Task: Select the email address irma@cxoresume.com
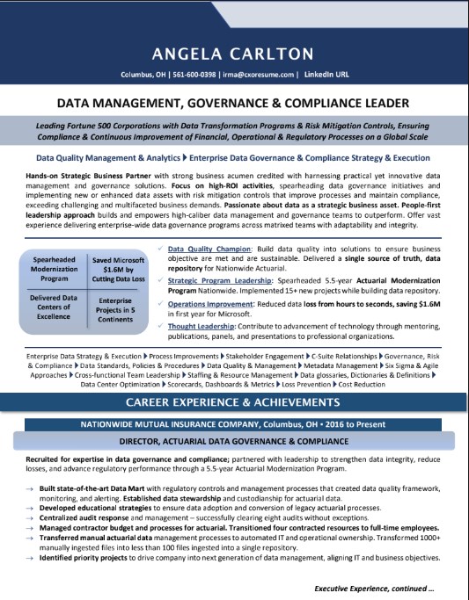258,76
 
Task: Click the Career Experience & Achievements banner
234,402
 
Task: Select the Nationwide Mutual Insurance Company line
234,424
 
